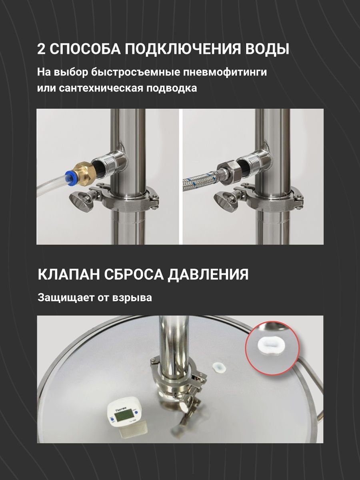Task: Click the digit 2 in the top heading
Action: click(41, 49)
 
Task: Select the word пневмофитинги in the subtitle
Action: click(225, 72)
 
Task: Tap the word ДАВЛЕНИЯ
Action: click(208, 275)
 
